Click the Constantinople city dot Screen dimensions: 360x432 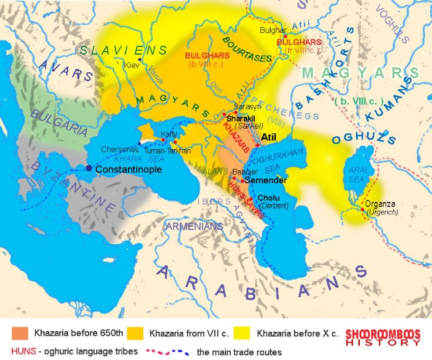89,168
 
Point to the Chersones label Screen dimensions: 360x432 119,149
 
